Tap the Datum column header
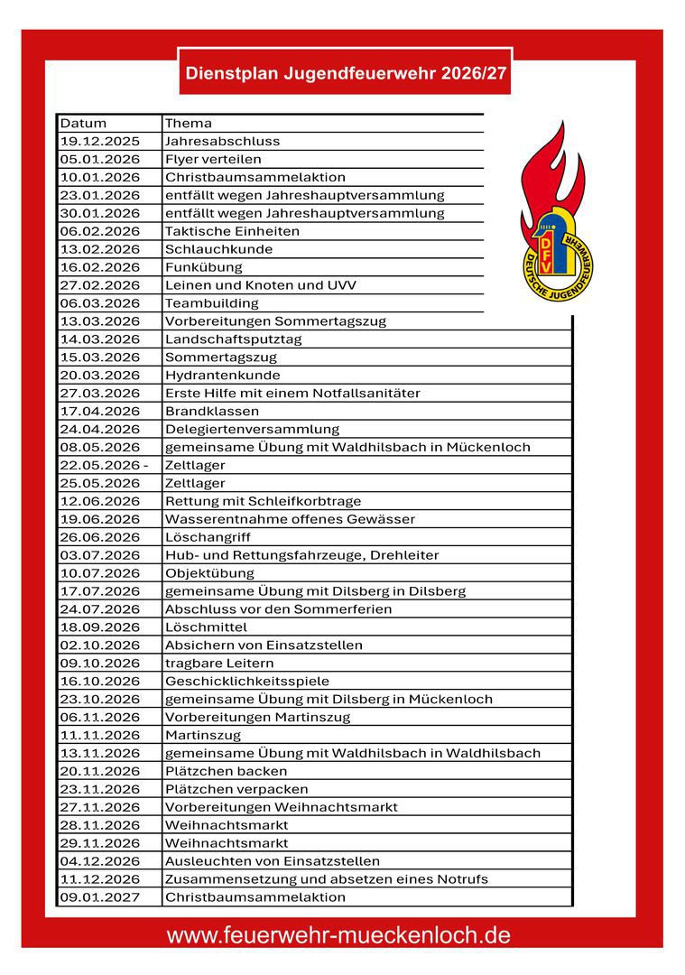[83, 123]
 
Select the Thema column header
[188, 123]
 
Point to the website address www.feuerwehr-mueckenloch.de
[338, 935]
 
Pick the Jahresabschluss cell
[222, 141]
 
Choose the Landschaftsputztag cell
[233, 339]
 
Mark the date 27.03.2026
[100, 394]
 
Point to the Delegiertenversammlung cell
[252, 430]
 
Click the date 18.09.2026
[100, 627]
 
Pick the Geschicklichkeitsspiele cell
[246, 682]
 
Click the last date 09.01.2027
[100, 897]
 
